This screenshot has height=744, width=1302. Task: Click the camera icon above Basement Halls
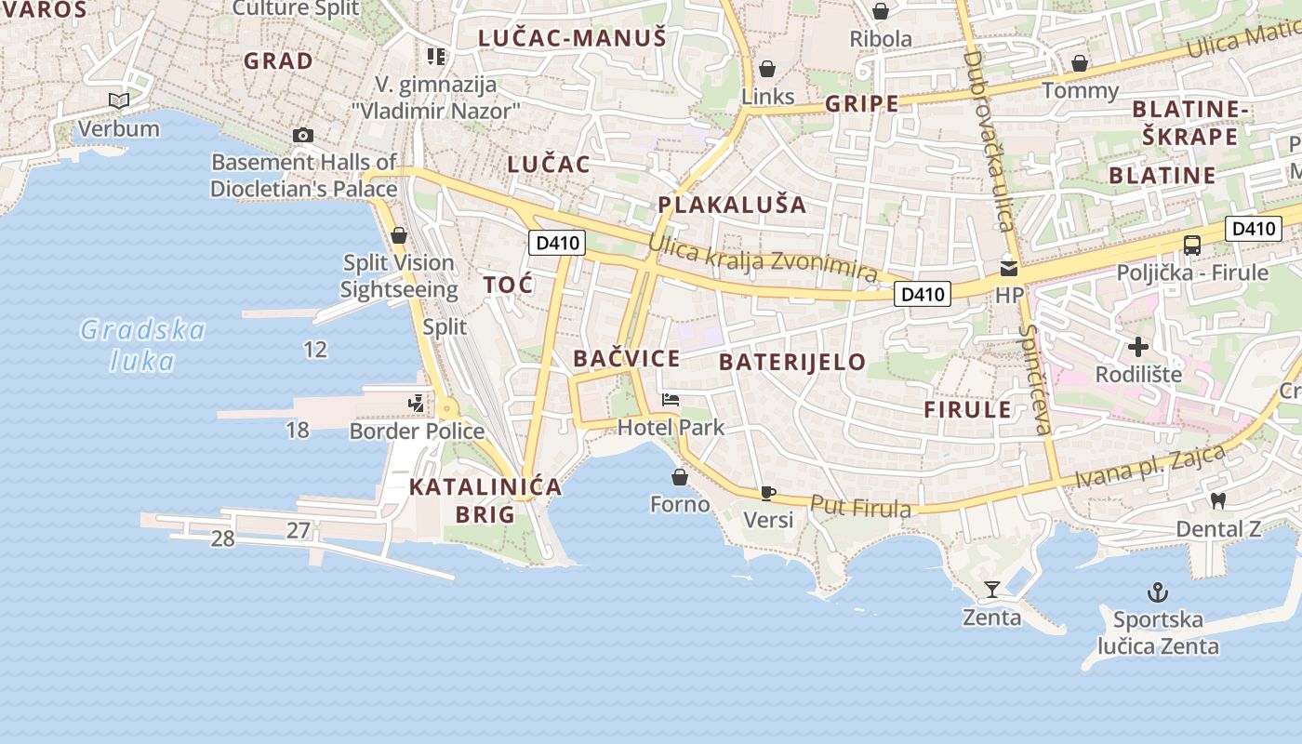coord(302,135)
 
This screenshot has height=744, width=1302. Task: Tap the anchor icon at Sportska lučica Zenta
coord(1158,591)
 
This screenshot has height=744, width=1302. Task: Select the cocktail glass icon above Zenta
coord(992,589)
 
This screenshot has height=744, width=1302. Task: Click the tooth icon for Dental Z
coord(1218,500)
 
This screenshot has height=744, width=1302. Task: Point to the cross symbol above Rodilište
coord(1138,347)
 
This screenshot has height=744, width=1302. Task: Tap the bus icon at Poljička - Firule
coord(1192,246)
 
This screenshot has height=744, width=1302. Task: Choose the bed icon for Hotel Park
coord(671,400)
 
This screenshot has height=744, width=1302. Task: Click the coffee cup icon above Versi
coord(767,492)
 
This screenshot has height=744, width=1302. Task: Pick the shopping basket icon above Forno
coord(680,477)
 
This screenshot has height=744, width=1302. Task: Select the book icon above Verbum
coord(118,100)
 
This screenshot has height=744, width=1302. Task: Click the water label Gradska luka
coord(142,344)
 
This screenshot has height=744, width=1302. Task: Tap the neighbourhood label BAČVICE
coord(627,358)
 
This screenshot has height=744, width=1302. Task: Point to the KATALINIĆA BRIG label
coord(485,499)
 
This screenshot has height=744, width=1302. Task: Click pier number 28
coord(223,538)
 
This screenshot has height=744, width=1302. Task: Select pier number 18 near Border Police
coord(298,430)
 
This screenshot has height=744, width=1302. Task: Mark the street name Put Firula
coord(860,507)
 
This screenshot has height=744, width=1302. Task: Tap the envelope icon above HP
coord(1009,269)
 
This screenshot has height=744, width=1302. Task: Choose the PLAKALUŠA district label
coord(732,205)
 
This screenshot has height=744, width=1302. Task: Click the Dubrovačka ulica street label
coord(987,139)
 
